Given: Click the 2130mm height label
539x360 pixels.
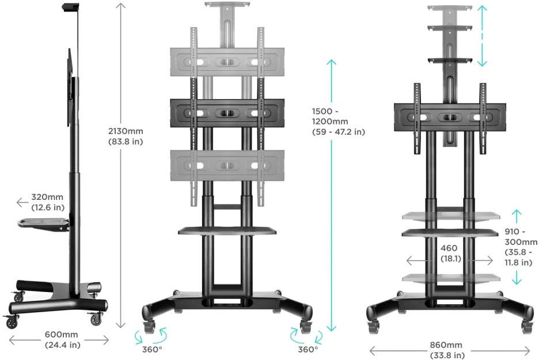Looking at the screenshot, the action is pos(126,136).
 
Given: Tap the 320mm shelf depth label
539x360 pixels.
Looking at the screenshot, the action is pos(48,202).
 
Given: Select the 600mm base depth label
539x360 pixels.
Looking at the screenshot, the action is pos(62,339).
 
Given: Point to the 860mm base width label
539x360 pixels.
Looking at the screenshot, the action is pos(447,350).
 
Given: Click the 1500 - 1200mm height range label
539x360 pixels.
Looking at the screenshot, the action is pos(338,122).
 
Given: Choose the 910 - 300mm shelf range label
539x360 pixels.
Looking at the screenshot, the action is pos(521,247).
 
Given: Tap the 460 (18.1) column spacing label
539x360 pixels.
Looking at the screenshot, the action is pos(449,253).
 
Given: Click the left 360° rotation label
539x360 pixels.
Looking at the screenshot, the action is pos(152,349).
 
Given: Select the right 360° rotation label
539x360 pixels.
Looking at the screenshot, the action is pos(308,349).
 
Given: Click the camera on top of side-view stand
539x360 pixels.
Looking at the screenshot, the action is pos(71,7).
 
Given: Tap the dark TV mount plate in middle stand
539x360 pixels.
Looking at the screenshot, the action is pos(227,113).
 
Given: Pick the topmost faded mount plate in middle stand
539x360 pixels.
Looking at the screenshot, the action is pos(227,62).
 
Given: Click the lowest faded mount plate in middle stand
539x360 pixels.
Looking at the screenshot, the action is pos(227,165).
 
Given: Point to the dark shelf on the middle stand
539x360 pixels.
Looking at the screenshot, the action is pos(227,231).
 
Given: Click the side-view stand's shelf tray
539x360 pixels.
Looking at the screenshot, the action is pos(44,224).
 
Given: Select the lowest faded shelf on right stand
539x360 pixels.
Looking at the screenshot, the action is pos(451,278).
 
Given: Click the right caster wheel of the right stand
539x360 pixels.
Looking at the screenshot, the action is pos(527,326).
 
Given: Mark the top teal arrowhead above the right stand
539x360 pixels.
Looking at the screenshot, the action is pos(482,10).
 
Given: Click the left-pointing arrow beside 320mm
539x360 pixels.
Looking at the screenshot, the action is pos(22,203).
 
